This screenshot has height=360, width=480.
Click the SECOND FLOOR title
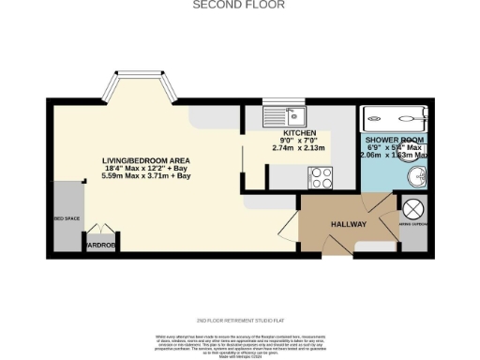coord(239,5)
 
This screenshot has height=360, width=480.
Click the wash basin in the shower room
coord(412,177)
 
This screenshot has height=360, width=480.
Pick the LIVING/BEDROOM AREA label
coord(145,160)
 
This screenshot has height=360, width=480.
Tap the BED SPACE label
coord(67,217)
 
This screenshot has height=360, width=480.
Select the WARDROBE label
coord(99,246)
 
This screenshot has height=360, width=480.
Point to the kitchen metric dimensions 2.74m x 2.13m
coord(298,148)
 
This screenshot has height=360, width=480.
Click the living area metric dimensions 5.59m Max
coord(145,175)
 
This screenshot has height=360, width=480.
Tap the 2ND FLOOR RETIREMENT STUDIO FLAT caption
coord(239,320)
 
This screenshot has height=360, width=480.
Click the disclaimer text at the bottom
coord(239,343)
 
